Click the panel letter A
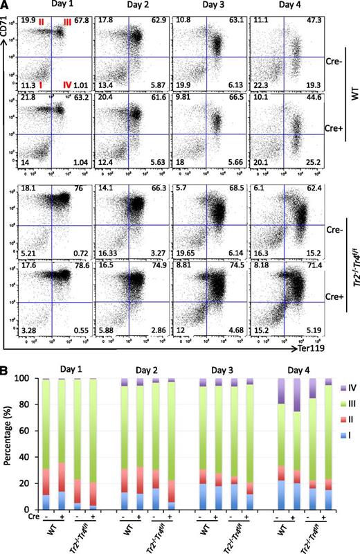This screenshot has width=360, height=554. [6, 6]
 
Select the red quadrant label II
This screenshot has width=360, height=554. [42, 23]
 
